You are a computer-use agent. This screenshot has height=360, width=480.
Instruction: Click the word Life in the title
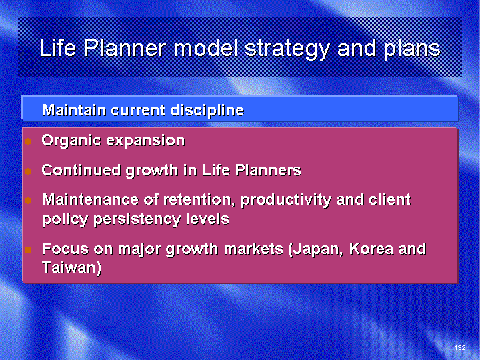[58, 48]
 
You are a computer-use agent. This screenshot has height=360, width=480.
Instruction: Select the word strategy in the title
[287, 50]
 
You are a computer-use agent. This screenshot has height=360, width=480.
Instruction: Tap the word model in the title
[206, 48]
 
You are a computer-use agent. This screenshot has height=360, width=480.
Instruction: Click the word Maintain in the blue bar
[74, 110]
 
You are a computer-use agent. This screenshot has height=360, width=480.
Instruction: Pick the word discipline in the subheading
[207, 111]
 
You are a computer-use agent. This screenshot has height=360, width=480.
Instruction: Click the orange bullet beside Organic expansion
[28, 141]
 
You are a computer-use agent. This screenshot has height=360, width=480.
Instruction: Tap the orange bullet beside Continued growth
[28, 171]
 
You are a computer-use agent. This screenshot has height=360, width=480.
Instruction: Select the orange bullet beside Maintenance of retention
[28, 201]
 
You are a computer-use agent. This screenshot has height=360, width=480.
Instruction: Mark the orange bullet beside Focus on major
[28, 250]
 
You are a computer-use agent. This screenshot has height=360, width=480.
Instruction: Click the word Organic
[71, 141]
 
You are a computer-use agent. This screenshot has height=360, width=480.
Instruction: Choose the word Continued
[81, 170]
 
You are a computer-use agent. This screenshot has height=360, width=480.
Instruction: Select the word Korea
[371, 249]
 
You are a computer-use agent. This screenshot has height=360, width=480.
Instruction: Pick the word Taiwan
[71, 267]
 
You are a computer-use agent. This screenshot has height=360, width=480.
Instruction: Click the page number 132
[460, 347]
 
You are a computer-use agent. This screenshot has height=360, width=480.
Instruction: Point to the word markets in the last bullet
[254, 249]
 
